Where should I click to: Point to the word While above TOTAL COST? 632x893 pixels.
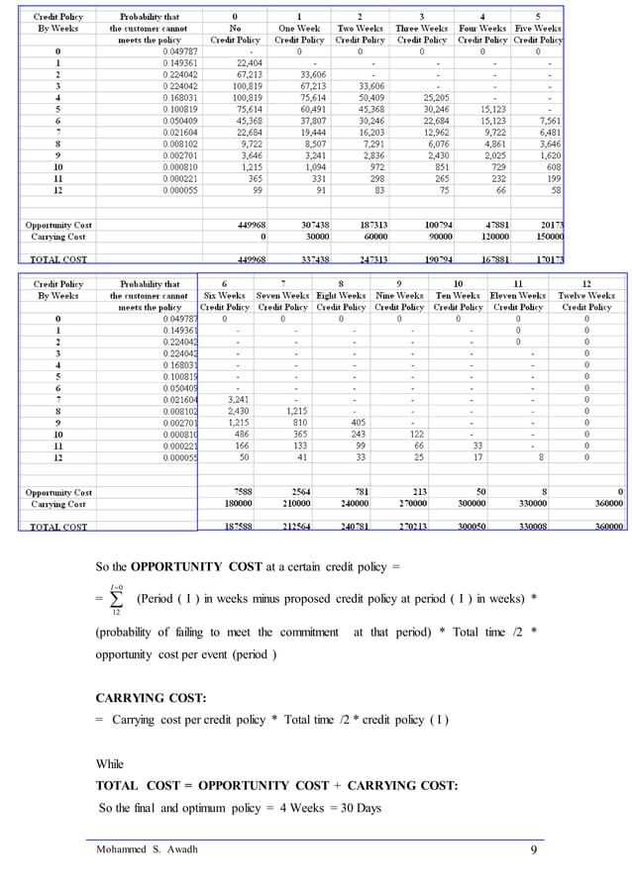110,763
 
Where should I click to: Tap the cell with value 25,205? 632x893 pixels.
428,97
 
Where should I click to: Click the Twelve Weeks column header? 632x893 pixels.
586,295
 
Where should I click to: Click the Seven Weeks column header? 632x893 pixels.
282,295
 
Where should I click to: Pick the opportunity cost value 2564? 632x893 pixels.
291,492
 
